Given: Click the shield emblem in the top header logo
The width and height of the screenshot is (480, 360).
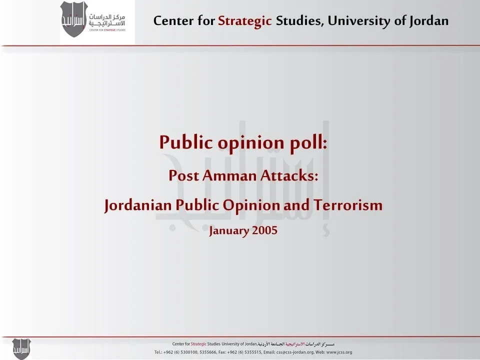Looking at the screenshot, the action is pos(74,19).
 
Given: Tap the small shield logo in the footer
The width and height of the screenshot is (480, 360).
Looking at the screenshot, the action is pos(21,348).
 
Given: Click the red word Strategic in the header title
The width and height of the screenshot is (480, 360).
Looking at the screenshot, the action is pos(244,21).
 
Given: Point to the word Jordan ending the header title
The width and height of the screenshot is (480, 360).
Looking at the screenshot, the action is pos(429,21).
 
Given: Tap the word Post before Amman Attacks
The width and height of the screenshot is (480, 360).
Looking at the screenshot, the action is pos(183,175).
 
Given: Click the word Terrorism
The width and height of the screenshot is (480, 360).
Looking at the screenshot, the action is pos(348,205).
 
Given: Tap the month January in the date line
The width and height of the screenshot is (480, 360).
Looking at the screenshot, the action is pos(228,230).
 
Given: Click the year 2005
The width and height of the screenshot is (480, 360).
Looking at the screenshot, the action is pos(264,230).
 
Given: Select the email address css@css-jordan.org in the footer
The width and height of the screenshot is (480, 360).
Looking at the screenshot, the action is pos(295,352).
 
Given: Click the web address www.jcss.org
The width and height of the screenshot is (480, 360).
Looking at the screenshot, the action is pos(339,352).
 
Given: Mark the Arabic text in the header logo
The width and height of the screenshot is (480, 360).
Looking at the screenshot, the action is pos(107,20).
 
